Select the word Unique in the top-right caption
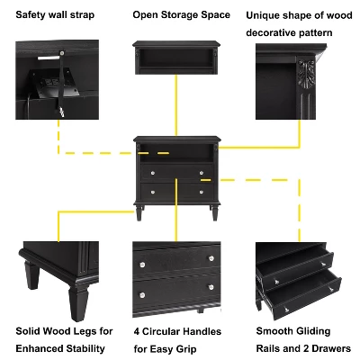265,15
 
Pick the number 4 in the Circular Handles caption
136,331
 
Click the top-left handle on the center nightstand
151,173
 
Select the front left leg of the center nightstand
142,214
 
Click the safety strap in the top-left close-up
63,85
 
